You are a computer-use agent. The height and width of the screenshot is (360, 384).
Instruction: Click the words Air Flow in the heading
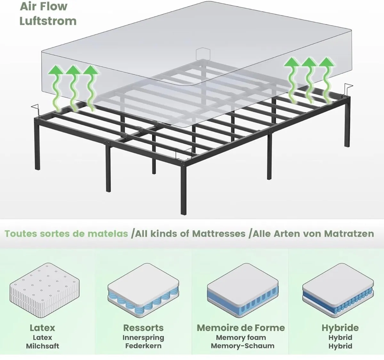(x=44, y=6)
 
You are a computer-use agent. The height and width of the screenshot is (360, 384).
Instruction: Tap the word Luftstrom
(x=48, y=21)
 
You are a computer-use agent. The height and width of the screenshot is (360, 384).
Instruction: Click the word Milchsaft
(x=43, y=346)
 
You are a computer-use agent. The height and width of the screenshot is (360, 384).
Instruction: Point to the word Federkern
(x=143, y=346)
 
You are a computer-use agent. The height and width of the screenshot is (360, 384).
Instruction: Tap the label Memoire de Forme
(x=241, y=328)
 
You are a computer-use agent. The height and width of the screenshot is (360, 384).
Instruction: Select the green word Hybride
(x=340, y=328)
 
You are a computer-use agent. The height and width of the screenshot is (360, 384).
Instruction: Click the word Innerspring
(x=143, y=337)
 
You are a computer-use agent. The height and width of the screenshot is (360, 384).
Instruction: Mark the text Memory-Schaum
(x=242, y=346)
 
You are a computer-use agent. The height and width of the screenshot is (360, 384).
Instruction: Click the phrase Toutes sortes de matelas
(x=66, y=233)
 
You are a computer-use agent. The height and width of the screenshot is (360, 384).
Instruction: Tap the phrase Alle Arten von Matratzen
(x=313, y=233)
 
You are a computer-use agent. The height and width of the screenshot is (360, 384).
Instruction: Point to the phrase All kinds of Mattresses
(x=190, y=233)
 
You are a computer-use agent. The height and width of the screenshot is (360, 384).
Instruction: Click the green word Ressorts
(x=143, y=328)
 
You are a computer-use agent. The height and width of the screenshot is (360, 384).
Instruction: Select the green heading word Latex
(x=42, y=328)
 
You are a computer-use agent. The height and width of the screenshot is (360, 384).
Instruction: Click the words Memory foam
(x=241, y=337)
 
